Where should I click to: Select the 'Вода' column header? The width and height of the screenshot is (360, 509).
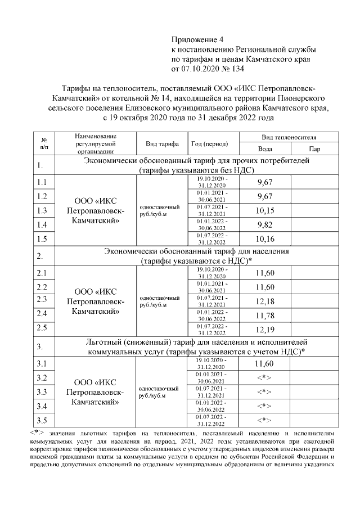(265, 149)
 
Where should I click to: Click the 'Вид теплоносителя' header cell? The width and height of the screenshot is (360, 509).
(289, 137)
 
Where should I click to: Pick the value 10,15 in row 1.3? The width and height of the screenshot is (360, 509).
(264, 210)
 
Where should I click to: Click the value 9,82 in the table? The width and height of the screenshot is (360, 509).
(264, 224)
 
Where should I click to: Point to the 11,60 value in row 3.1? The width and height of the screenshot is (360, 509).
(264, 364)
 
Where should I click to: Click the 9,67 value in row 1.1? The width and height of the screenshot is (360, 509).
(264, 182)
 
